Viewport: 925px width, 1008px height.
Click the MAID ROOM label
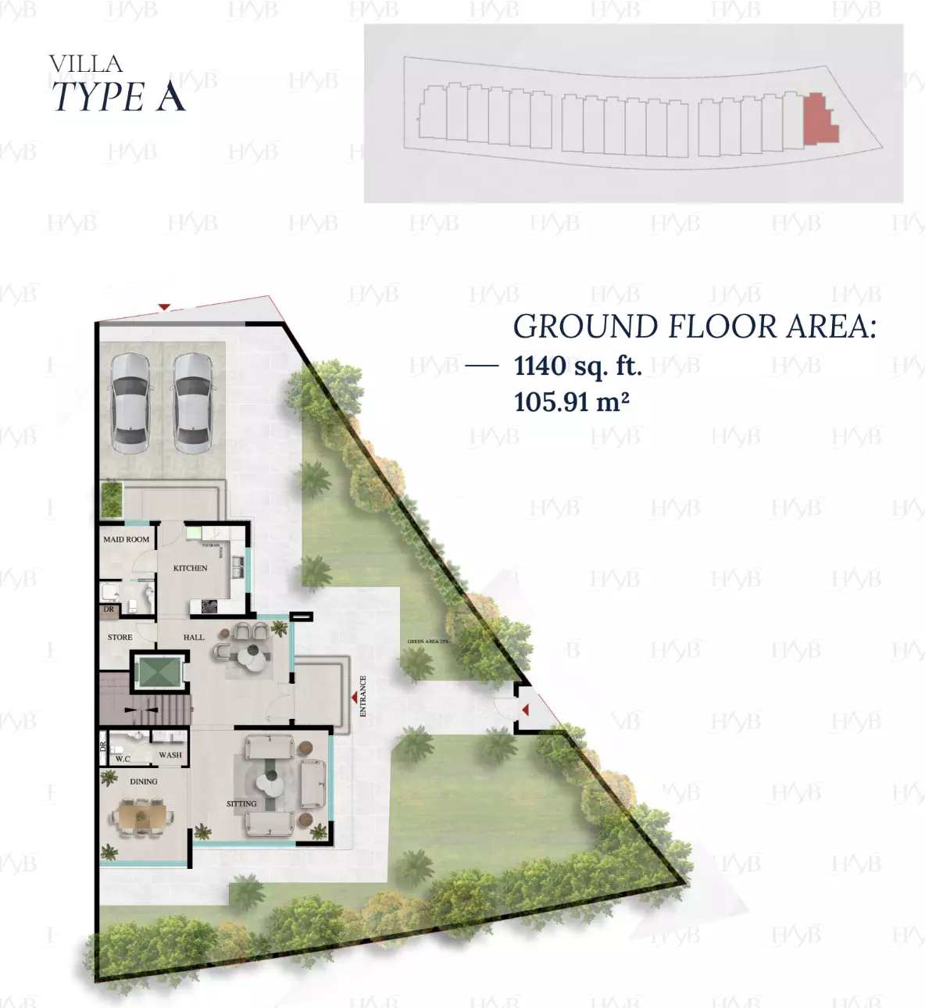coord(126,539)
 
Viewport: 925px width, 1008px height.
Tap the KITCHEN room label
coord(190,568)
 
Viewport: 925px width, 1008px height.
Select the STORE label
coord(120,638)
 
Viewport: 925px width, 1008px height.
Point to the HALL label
coord(194,638)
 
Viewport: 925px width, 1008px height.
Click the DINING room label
coord(144,781)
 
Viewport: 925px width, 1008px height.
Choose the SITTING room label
coord(241,803)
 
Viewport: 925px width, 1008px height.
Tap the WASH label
coord(170,755)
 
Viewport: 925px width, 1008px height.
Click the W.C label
coord(123,759)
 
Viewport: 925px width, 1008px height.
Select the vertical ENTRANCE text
coord(362,696)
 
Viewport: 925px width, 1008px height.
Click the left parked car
coord(130,402)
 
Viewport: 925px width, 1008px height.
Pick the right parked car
coord(192,402)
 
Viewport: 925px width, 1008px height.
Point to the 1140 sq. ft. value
coord(577,366)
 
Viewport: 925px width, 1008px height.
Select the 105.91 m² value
coord(571,402)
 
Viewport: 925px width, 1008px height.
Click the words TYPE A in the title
coord(119,97)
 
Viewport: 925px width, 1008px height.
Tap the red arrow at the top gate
coord(164,307)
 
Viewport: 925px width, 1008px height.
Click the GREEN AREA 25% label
coord(427,642)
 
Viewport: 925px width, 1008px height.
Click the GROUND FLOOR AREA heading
coord(694,327)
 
